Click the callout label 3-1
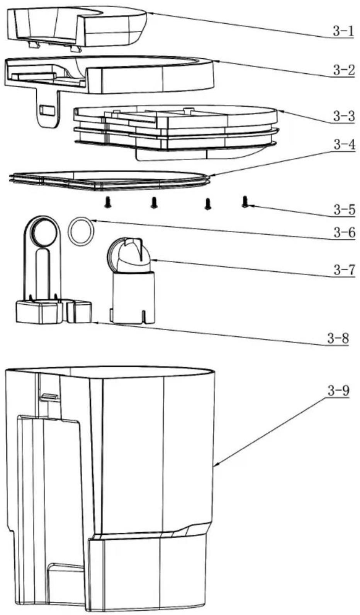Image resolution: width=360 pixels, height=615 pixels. click(x=343, y=32)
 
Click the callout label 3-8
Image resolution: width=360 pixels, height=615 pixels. click(x=338, y=338)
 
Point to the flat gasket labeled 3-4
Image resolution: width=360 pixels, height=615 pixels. click(x=110, y=180)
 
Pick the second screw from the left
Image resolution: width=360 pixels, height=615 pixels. click(x=154, y=203)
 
